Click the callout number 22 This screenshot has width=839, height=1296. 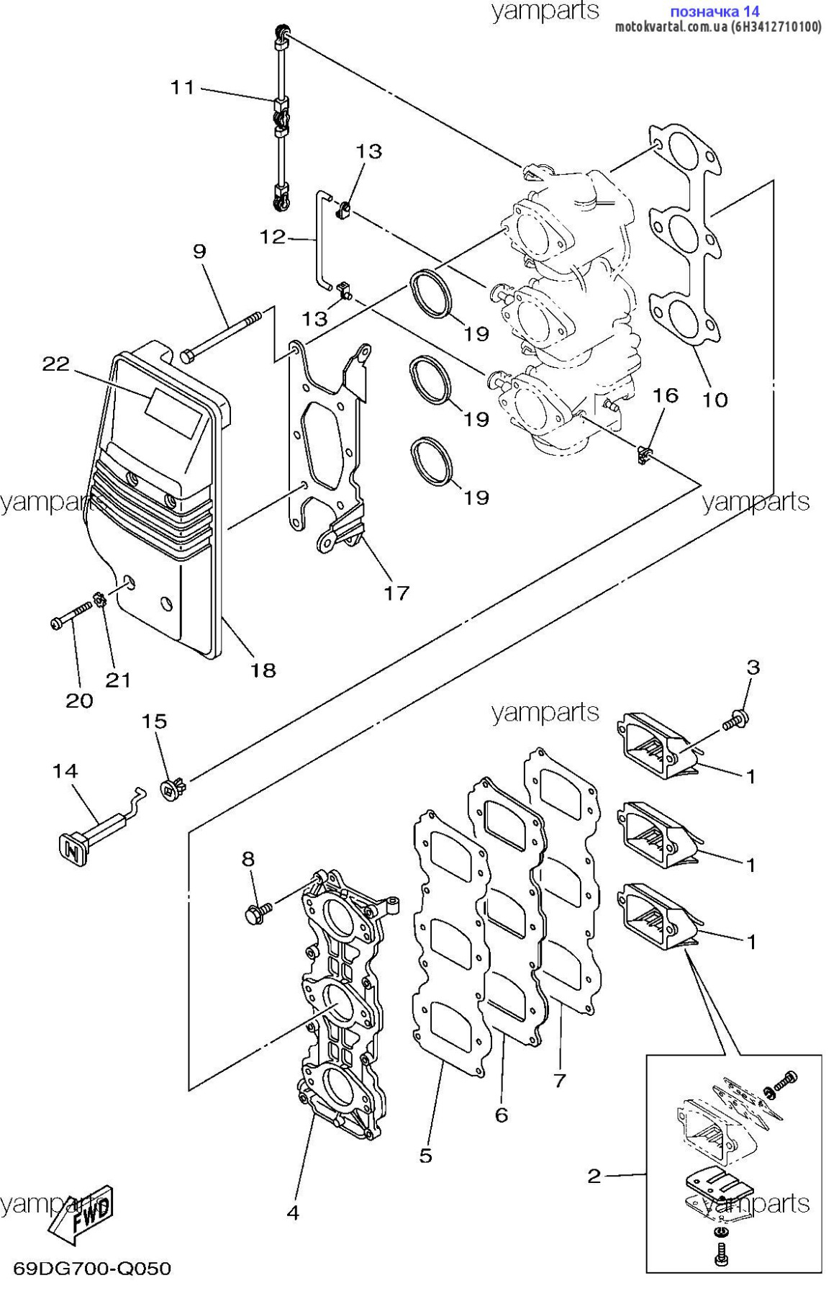coord(55,364)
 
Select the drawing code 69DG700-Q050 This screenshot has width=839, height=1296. coord(92,1268)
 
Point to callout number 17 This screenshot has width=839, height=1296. coord(396,593)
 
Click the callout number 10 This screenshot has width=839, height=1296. coord(715,399)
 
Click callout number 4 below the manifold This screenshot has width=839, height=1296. coord(293,1212)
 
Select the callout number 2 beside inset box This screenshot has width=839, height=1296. coord(594,1176)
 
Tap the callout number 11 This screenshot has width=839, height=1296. coord(182,87)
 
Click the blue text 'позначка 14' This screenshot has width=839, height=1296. coord(714,12)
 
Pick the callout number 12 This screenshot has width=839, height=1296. coord(272,236)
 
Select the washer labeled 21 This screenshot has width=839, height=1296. coord(100,598)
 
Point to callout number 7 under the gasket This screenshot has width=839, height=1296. coord(559,1080)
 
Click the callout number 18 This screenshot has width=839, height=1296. coord(263,670)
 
